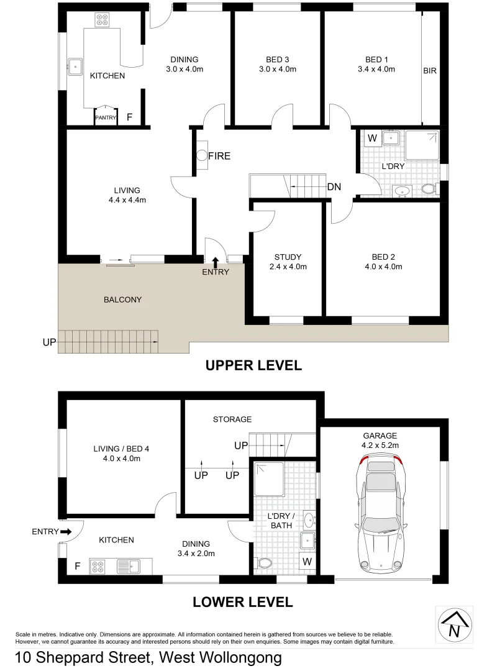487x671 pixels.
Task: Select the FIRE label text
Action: point(219,156)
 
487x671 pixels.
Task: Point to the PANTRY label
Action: point(106,117)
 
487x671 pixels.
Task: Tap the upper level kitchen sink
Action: point(75,66)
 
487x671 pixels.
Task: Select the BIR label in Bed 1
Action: point(430,71)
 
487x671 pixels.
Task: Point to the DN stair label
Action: point(334,186)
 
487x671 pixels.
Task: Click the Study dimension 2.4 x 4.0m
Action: point(288,267)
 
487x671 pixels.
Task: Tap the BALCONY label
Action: point(122,299)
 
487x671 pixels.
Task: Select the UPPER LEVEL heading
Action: point(253,366)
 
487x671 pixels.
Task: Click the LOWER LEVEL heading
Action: point(242,602)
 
